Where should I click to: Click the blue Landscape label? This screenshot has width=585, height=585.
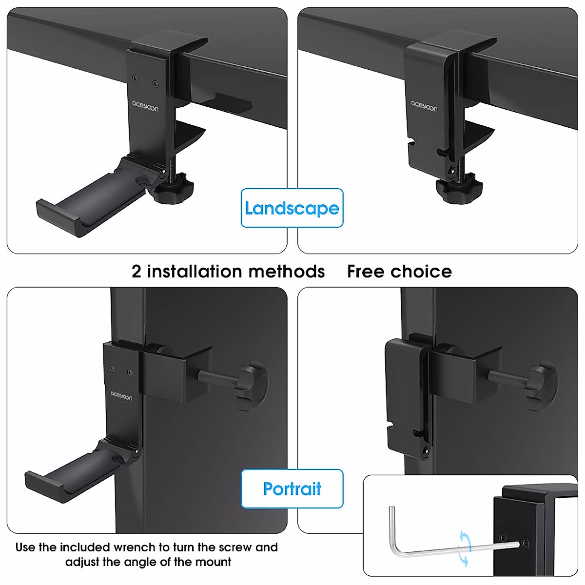tap(292, 208)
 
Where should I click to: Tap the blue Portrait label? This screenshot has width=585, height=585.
tap(292, 488)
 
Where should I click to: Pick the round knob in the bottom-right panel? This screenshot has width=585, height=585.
tap(542, 386)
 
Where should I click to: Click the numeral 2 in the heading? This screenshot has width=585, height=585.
tap(136, 272)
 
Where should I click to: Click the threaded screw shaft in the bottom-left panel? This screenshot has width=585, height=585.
tap(217, 376)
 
